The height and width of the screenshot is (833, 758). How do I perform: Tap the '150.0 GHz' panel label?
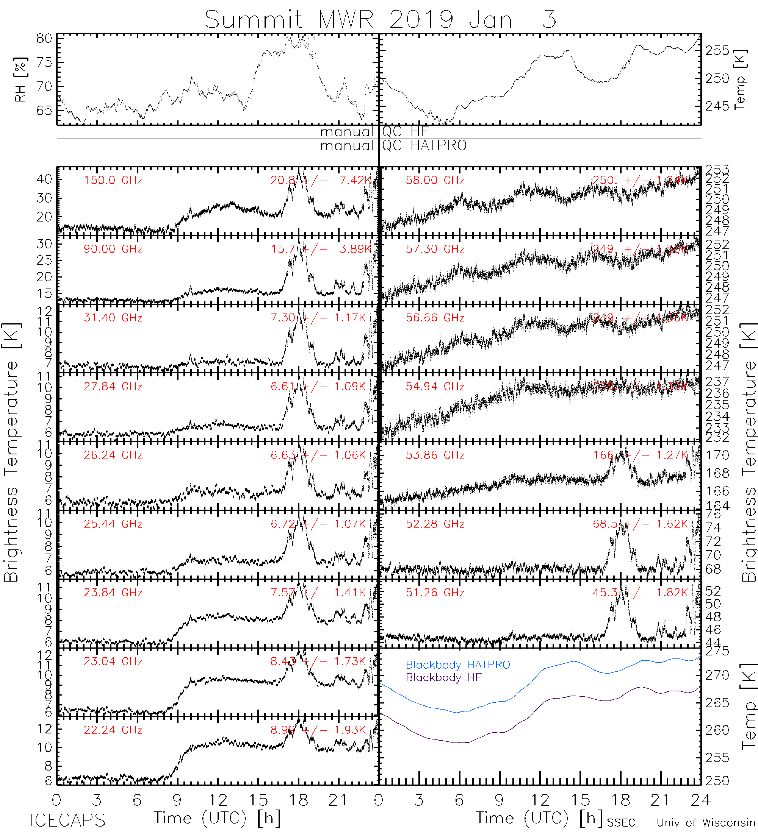(113, 181)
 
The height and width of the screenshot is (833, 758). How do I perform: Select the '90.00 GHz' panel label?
(113, 249)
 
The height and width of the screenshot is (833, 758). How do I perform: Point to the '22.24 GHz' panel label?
(113, 730)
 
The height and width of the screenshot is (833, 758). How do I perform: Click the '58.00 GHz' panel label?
(435, 181)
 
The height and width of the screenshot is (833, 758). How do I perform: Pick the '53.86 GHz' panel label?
(435, 455)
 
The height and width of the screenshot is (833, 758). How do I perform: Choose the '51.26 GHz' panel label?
(435, 593)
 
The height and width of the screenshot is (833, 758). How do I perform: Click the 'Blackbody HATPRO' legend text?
(458, 665)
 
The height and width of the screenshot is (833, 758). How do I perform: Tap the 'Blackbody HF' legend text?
(443, 678)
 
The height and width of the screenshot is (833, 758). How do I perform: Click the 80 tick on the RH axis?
(44, 38)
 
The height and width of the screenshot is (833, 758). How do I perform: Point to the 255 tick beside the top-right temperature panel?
(717, 50)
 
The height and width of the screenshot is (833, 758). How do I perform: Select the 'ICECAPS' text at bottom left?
(67, 821)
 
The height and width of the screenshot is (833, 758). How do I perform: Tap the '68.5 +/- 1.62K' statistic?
(640, 524)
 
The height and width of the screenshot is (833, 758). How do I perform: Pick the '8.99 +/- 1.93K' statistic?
(318, 730)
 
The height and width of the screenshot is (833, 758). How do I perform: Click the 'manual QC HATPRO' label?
(393, 145)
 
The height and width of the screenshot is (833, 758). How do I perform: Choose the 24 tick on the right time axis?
(700, 800)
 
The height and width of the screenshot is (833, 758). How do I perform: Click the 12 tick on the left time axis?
(218, 800)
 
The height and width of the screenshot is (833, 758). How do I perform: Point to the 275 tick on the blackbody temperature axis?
(717, 651)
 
